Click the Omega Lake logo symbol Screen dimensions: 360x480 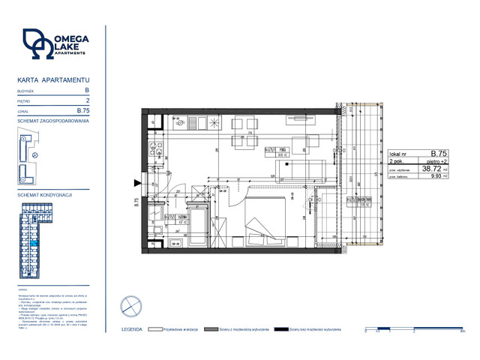pyautogui.click(x=37, y=44)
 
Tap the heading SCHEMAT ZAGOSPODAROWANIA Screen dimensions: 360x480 pyautogui.click(x=53, y=120)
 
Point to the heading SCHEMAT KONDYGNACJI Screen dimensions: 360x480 pyautogui.click(x=45, y=193)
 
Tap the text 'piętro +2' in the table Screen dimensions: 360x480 pyautogui.click(x=439, y=160)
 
